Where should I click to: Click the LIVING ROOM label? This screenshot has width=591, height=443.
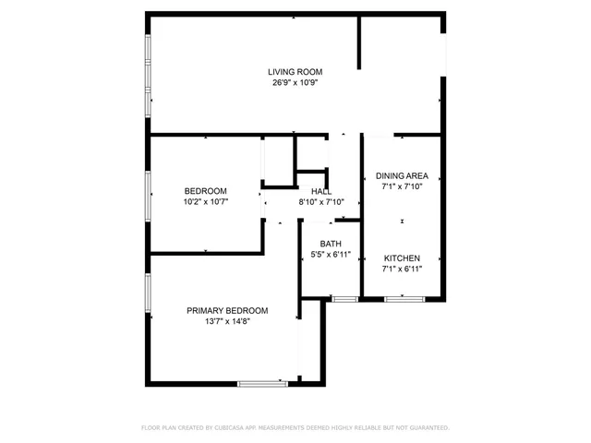click(x=295, y=71)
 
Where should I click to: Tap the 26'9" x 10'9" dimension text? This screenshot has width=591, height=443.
click(x=295, y=82)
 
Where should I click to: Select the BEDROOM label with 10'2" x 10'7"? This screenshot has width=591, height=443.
click(x=205, y=191)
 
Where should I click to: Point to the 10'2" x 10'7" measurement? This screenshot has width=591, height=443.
click(x=205, y=201)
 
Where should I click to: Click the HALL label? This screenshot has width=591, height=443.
click(x=321, y=191)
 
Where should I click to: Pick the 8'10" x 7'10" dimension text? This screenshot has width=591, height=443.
click(x=321, y=202)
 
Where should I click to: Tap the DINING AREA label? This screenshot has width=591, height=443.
click(x=403, y=175)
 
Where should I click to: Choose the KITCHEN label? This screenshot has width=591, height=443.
click(x=403, y=257)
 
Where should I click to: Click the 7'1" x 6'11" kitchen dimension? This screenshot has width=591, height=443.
click(x=403, y=269)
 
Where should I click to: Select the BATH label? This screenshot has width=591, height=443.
click(x=331, y=244)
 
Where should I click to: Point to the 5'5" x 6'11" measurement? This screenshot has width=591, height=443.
click(x=331, y=255)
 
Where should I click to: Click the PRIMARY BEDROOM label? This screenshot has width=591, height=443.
click(x=227, y=310)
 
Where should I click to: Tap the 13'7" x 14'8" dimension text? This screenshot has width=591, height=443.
click(x=227, y=321)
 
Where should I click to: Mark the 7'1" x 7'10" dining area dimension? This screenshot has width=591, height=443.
click(x=403, y=186)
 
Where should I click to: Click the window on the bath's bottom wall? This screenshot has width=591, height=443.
click(x=345, y=299)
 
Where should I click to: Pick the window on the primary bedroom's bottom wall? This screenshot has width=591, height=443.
click(x=262, y=383)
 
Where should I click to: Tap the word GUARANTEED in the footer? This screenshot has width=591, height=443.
click(x=428, y=428)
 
